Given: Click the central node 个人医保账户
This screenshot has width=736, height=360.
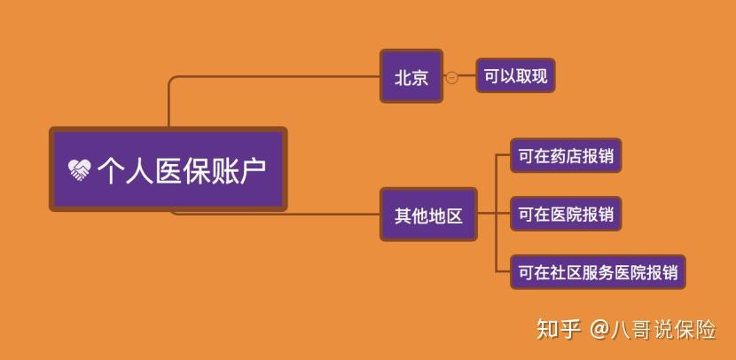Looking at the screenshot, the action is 168,169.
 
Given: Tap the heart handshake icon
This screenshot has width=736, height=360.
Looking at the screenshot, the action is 79,170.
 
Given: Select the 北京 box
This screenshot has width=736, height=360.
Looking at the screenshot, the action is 411,76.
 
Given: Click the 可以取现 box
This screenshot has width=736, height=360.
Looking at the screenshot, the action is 515,75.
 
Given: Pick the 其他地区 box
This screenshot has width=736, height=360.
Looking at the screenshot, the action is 428,215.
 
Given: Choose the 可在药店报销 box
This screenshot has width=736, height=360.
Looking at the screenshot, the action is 566,155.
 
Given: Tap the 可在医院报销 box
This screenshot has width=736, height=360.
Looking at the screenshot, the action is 566,214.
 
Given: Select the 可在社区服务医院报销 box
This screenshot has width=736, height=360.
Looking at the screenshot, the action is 598,271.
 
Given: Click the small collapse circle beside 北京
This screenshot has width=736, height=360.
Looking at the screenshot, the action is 451,77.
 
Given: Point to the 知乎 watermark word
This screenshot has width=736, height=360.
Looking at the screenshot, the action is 559,329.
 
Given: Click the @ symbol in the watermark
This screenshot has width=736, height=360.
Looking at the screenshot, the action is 599,330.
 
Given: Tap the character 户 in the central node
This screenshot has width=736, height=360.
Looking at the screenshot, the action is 254,170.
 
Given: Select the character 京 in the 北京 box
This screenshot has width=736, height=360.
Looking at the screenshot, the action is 419,77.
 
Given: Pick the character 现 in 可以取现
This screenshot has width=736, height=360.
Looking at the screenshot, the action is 539,75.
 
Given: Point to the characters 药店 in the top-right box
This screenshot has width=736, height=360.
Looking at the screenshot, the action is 566,156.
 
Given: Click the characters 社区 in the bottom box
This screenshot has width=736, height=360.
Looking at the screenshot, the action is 566,272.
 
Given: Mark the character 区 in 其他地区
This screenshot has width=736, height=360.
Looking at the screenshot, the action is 454,215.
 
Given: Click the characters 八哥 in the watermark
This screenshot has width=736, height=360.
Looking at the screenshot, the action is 630,330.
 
